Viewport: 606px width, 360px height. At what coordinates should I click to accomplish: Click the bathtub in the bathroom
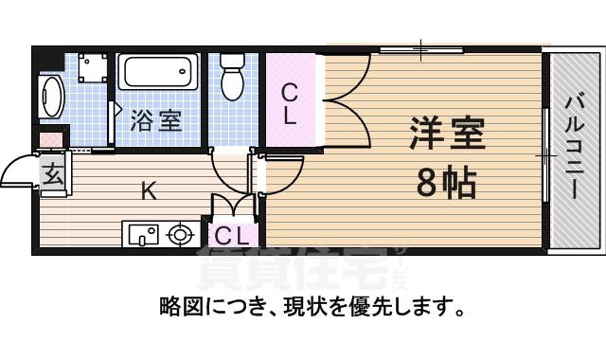(x=157, y=73)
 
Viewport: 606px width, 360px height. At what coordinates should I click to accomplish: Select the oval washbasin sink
(x=50, y=96)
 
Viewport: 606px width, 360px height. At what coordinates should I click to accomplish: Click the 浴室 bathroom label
(x=156, y=120)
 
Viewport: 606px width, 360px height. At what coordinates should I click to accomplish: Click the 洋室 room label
(x=447, y=134)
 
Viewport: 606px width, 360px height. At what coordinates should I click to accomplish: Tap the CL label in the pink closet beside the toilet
(x=292, y=104)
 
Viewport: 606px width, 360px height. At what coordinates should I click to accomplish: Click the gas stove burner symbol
(x=178, y=233)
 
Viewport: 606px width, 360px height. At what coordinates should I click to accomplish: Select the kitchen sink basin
(x=142, y=233)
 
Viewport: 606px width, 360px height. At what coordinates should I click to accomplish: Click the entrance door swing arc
(x=17, y=171)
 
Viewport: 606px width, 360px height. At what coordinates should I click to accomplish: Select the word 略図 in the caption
(x=179, y=308)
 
